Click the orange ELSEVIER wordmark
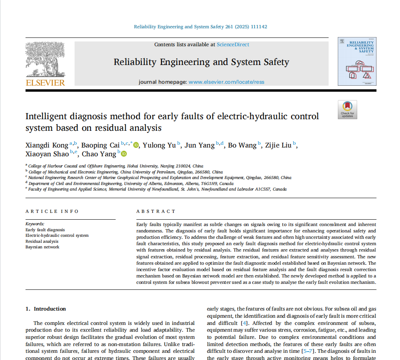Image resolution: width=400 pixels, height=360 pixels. click(45, 83)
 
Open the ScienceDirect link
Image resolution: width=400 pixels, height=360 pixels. click(233, 45)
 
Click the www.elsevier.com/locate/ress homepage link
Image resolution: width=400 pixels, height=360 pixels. click(226, 82)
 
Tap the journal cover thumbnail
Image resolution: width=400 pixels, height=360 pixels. click(357, 61)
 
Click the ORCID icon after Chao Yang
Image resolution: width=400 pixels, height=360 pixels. click(124, 154)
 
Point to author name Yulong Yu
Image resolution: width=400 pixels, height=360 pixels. click(160, 146)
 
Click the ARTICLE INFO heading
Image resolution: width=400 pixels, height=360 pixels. click(52, 211)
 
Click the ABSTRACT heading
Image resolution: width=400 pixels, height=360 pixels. click(156, 211)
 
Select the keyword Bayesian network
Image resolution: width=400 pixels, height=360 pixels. click(42, 247)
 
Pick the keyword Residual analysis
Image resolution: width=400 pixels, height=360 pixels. click(42, 241)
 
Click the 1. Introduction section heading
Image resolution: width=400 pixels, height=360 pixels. click(46, 309)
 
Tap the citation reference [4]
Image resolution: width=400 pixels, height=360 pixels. click(245, 323)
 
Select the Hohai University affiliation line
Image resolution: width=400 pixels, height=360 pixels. click(116, 166)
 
